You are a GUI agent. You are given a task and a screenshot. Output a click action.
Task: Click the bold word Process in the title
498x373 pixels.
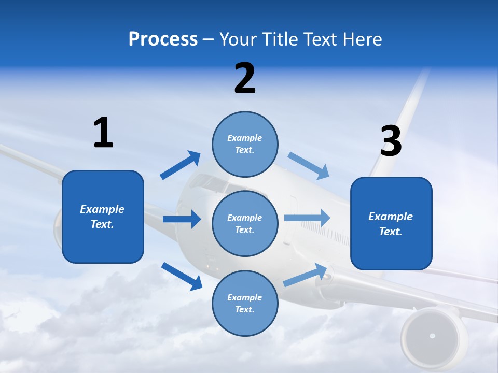(163, 39)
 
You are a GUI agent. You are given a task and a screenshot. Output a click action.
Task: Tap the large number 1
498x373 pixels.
(103, 133)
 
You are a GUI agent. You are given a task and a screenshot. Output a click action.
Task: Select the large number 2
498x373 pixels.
(245, 78)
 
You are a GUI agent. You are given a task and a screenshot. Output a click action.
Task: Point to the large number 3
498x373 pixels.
(391, 141)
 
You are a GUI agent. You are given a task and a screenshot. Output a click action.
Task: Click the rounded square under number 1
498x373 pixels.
(103, 217)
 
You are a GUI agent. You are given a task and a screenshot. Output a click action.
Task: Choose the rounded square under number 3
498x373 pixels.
(391, 224)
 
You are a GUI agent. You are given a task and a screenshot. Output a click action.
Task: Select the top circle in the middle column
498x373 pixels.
(245, 144)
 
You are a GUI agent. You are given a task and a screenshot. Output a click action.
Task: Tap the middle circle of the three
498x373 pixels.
(245, 223)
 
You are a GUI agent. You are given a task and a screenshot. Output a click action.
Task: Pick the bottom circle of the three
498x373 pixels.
(245, 303)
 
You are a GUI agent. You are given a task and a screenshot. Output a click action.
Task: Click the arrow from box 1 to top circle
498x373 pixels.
(181, 165)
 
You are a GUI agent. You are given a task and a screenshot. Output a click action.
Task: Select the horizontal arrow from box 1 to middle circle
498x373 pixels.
(182, 219)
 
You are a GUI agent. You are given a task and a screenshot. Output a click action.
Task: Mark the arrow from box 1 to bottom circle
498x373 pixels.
(182, 276)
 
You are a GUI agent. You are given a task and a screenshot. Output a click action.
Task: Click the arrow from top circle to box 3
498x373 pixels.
(309, 166)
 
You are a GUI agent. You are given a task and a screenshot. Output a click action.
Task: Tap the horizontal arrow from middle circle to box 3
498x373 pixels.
(307, 218)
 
